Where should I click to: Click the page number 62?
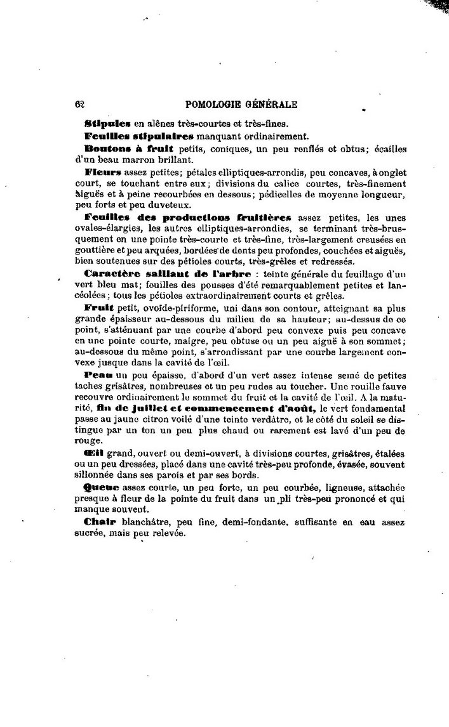(79, 105)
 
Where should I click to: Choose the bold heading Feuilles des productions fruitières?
(189, 217)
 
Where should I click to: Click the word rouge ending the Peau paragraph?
(88, 440)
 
